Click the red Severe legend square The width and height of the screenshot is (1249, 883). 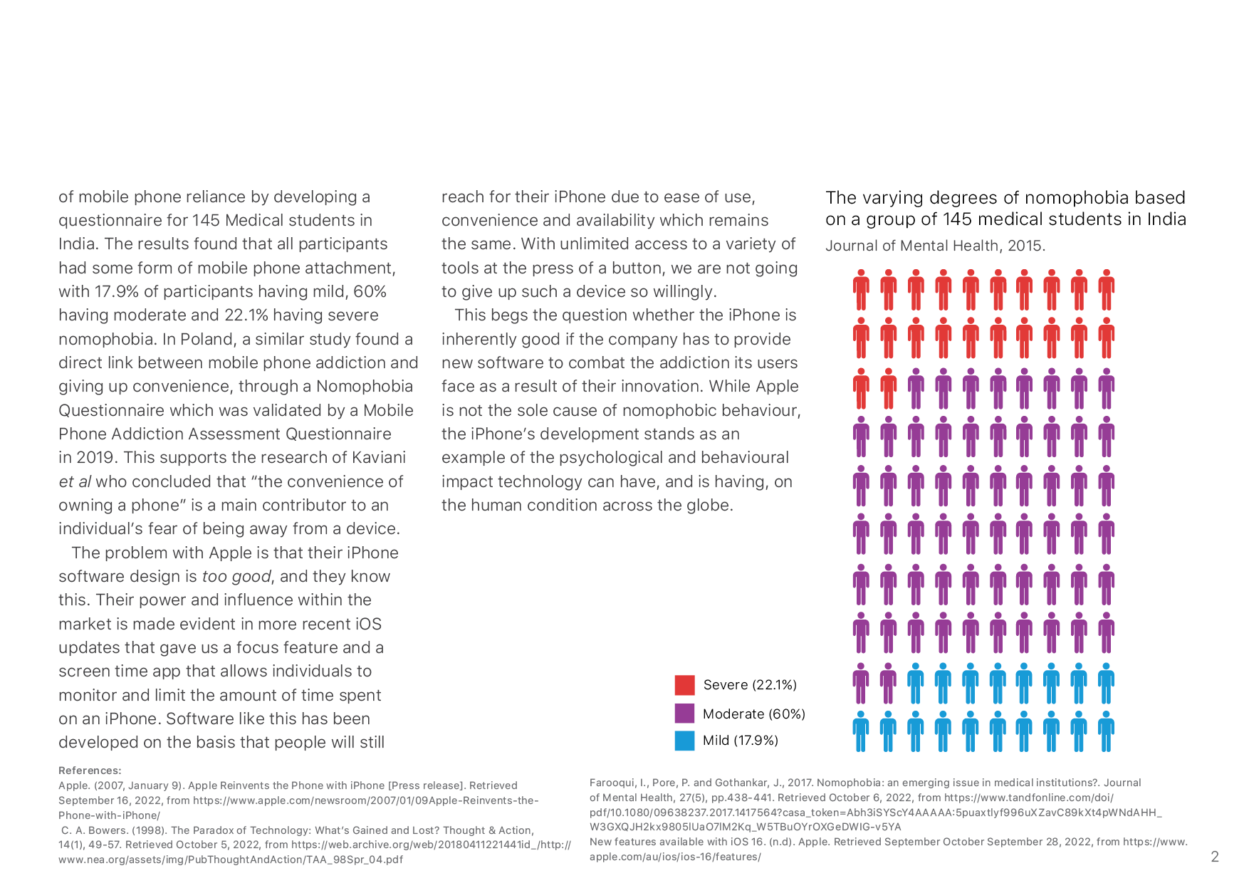tap(684, 685)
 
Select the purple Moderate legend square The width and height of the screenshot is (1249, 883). tap(684, 714)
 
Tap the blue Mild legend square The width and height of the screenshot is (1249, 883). tap(684, 741)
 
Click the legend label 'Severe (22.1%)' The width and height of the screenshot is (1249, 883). tap(750, 685)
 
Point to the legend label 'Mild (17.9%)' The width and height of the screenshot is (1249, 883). tap(741, 741)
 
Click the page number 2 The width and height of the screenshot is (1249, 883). tap(1215, 857)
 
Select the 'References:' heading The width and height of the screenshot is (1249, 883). tap(90, 770)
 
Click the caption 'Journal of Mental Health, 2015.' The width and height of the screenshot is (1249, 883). tap(935, 246)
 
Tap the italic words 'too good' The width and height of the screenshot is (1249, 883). tap(236, 577)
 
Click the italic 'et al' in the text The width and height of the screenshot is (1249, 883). tap(75, 481)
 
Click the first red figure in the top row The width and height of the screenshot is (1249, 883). tap(861, 290)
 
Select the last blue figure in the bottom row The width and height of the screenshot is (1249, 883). tap(1106, 731)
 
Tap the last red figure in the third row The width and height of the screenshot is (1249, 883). tap(888, 389)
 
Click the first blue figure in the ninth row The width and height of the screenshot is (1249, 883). tap(916, 684)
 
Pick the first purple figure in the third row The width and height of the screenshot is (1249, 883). tap(916, 389)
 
